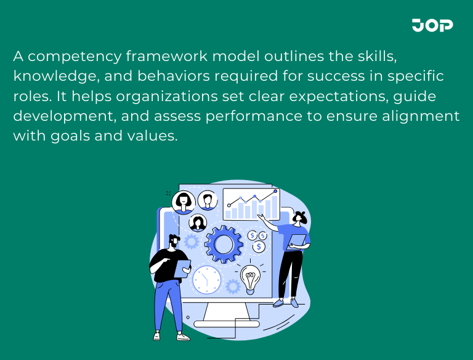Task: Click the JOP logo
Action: point(432,25)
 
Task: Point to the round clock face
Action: point(206,280)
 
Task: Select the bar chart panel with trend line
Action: point(251,204)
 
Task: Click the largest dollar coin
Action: point(259,247)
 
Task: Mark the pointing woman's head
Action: point(299,218)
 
